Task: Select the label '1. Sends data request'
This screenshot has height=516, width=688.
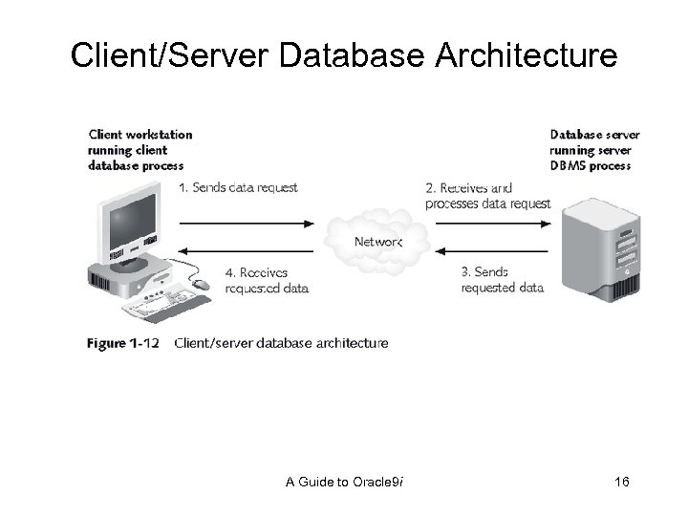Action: (238, 188)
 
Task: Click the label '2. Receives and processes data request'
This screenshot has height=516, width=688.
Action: (487, 195)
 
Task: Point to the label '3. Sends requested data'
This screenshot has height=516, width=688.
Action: (502, 279)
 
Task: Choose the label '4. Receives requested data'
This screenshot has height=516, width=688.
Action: (267, 279)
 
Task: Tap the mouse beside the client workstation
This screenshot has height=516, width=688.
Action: (200, 284)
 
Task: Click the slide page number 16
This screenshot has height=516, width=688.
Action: (621, 484)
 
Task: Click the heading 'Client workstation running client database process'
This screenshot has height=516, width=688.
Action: (140, 149)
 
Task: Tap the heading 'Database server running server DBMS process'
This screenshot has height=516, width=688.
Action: (594, 149)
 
